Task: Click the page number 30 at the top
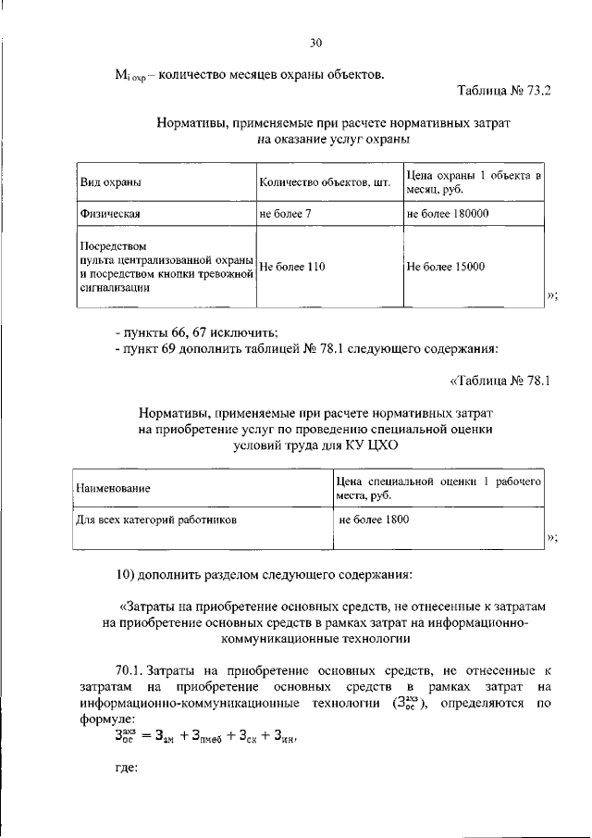[315, 43]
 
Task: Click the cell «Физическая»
[108, 215]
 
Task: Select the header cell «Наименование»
[113, 487]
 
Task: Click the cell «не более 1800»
[374, 520]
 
